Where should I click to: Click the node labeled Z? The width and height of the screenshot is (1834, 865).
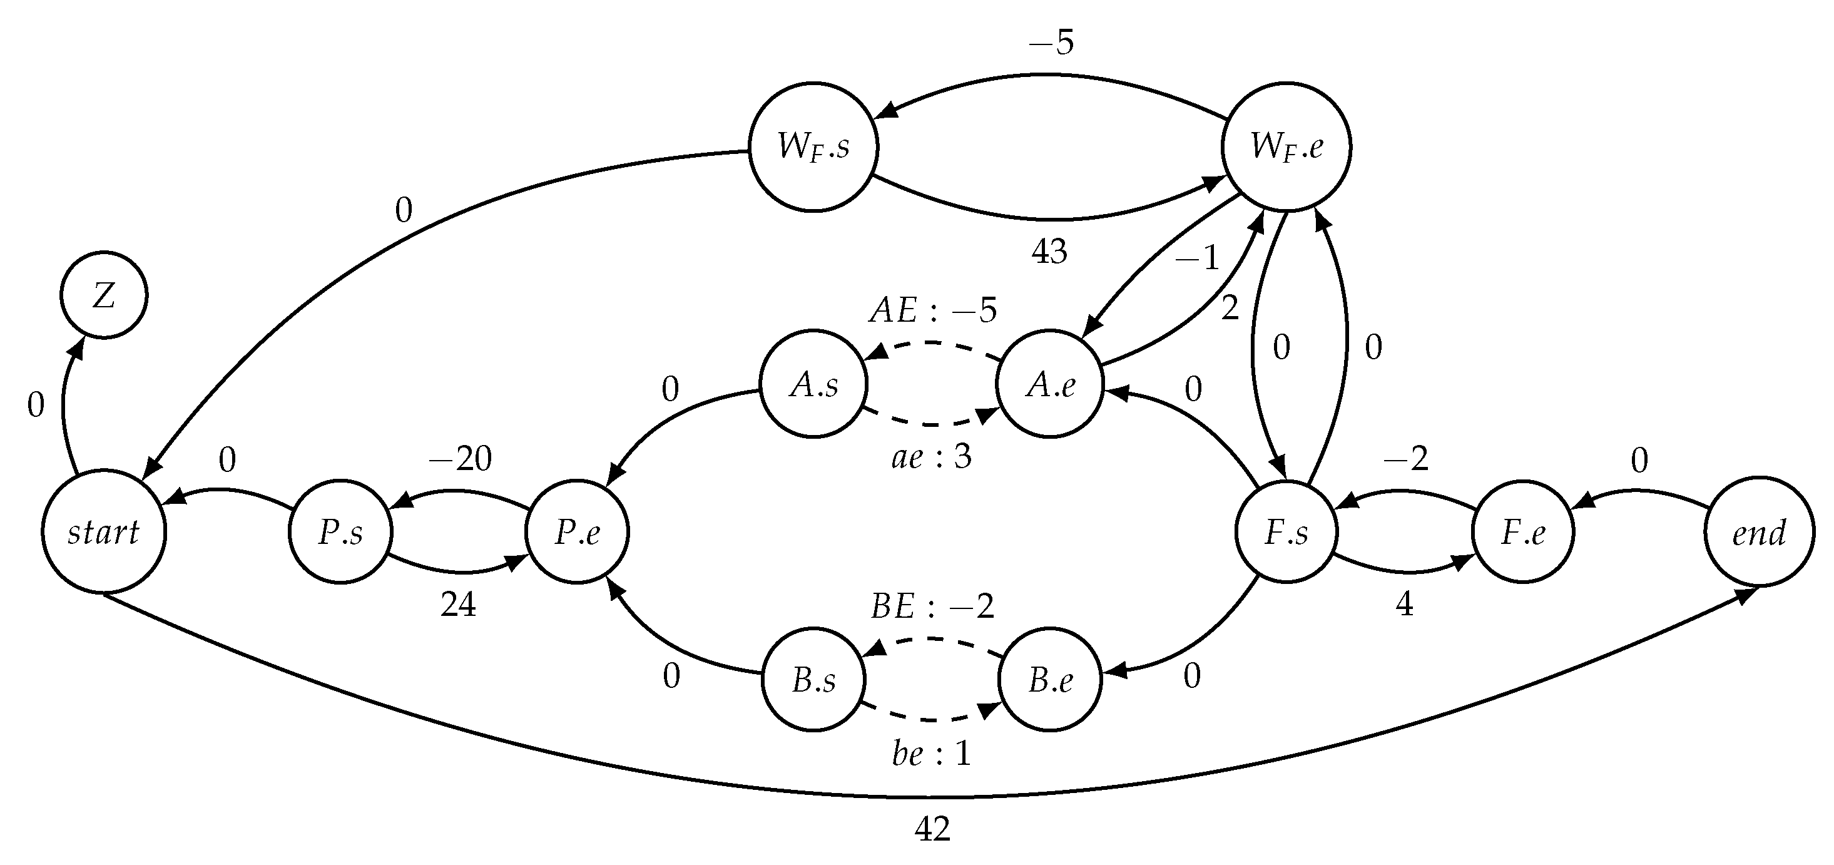point(104,295)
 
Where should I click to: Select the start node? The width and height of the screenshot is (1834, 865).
point(104,532)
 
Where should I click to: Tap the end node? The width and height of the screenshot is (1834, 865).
point(1758,532)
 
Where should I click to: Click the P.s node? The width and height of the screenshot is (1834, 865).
point(340,532)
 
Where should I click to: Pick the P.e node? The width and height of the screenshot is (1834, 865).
point(577,532)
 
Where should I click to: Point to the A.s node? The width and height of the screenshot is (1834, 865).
point(814,384)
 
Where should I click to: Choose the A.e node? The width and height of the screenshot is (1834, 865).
point(1050,384)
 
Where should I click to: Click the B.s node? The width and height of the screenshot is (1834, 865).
point(814,680)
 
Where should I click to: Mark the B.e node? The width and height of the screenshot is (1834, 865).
point(1050,680)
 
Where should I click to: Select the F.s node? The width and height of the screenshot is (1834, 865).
point(1286,532)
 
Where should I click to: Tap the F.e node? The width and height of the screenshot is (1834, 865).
point(1523,532)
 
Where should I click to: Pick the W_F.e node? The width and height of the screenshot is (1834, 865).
point(1286,146)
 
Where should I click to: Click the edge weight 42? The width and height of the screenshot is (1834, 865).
point(932,829)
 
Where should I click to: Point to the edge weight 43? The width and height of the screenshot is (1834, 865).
point(1049,252)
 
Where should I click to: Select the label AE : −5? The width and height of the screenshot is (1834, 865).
point(933,310)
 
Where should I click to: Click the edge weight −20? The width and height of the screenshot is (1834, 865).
point(460,459)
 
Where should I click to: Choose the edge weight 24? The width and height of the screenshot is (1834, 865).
point(458,605)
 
